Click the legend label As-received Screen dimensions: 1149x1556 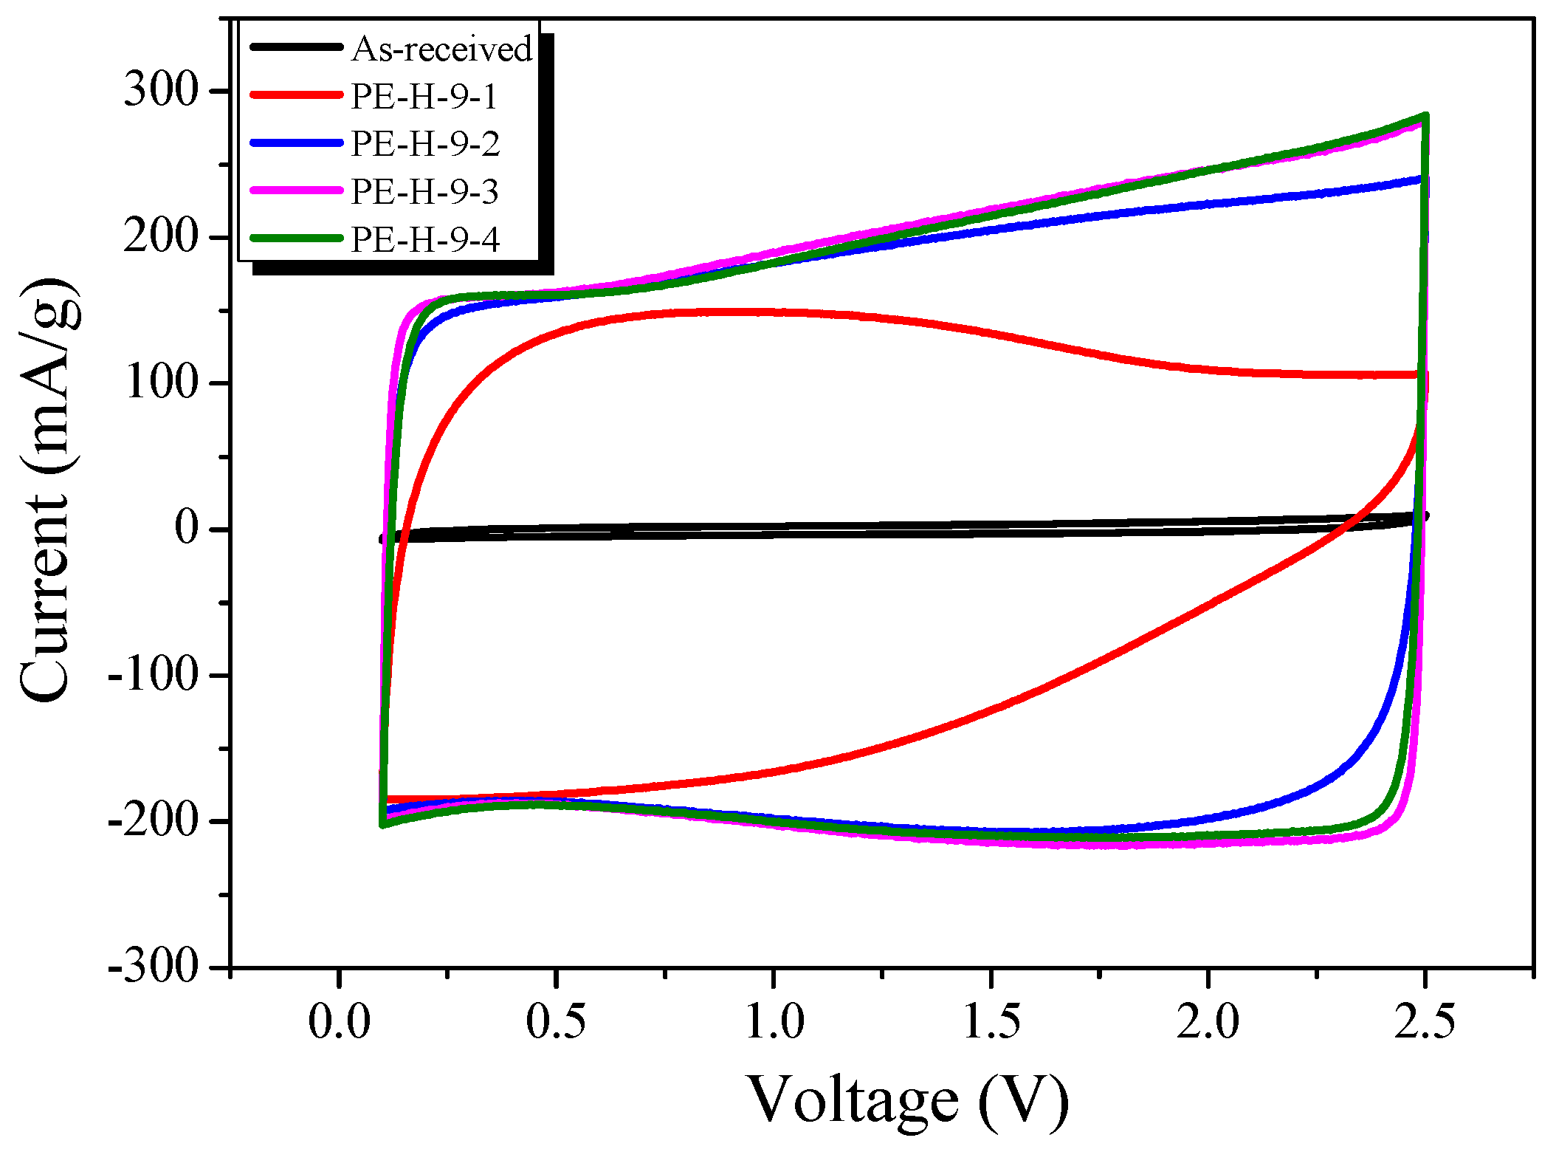coord(441,49)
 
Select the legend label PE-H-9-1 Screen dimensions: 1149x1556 coord(424,97)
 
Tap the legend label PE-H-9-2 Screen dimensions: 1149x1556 coord(425,144)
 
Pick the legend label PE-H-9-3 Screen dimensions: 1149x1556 coord(424,192)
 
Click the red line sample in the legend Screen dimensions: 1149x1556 coord(297,95)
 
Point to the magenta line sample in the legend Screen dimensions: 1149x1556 coord(297,191)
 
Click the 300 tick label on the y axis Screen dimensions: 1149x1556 coord(161,91)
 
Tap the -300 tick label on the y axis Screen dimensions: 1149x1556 coord(153,965)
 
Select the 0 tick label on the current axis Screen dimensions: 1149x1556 coord(187,528)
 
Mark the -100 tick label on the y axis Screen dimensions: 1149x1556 coord(153,673)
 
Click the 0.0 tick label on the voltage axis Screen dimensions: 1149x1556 coord(339,1023)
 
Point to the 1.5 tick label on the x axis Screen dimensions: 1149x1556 coord(991,1023)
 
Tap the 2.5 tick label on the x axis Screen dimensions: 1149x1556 coord(1425,1023)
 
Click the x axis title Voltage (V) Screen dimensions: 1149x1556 coord(909,1100)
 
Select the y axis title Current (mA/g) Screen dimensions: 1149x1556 coord(47,491)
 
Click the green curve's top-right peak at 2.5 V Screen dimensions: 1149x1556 coord(1425,116)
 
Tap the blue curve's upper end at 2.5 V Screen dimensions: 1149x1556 coord(1422,179)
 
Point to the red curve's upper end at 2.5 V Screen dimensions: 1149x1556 coord(1423,375)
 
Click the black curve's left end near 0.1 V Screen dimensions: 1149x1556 coord(384,538)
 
